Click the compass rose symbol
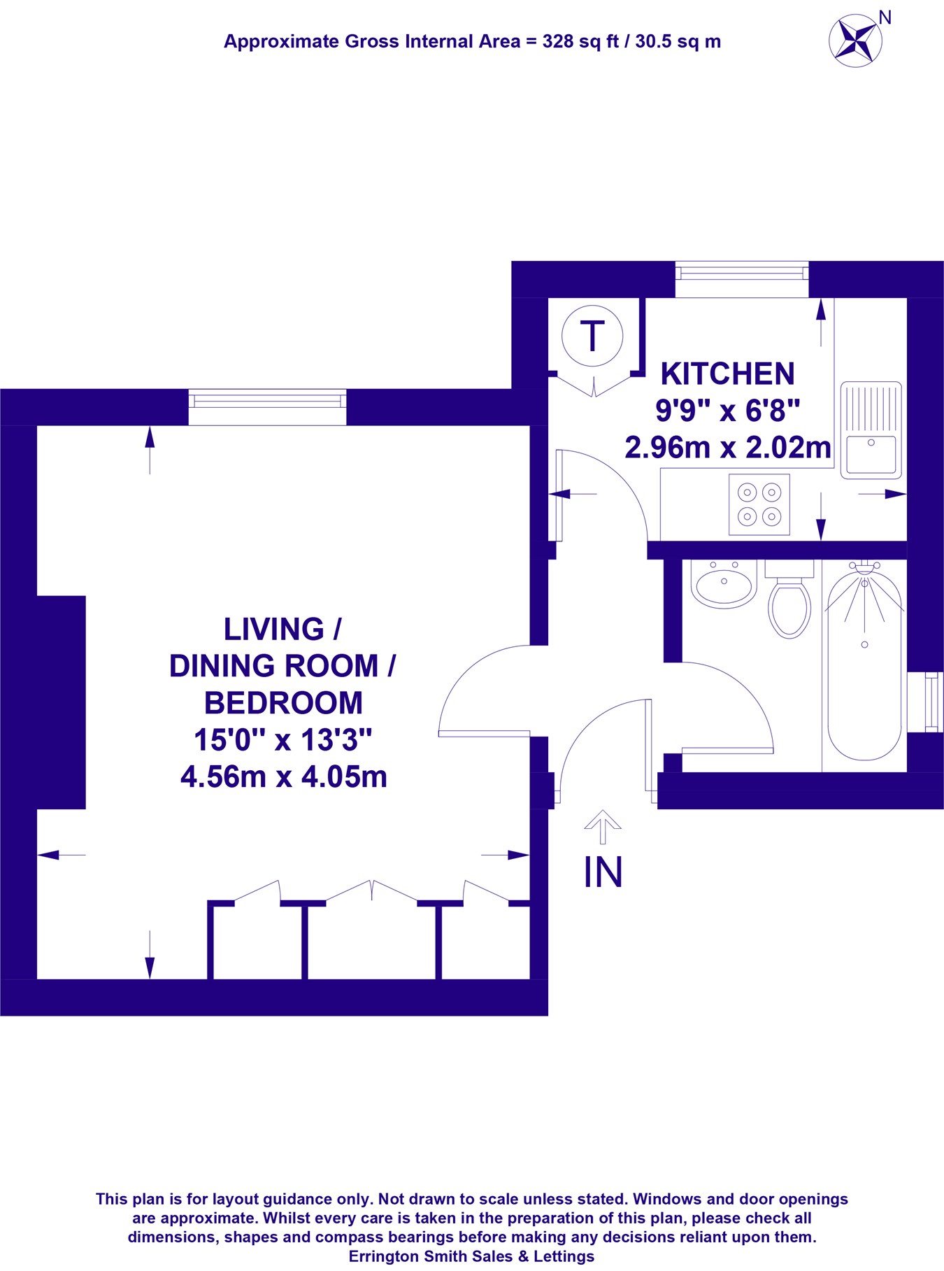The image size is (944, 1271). pyautogui.click(x=855, y=41)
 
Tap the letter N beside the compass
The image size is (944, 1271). pyautogui.click(x=885, y=17)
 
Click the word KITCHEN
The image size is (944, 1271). pyautogui.click(x=727, y=374)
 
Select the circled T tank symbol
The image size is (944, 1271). pyautogui.click(x=592, y=336)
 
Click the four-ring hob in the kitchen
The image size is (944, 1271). pyautogui.click(x=759, y=504)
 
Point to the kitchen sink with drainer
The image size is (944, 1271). pyautogui.click(x=871, y=430)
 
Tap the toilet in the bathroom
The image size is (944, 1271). pyautogui.click(x=789, y=602)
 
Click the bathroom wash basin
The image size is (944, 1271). pyautogui.click(x=724, y=583)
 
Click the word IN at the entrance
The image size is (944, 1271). pyautogui.click(x=603, y=872)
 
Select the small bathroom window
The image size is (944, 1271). pyautogui.click(x=931, y=702)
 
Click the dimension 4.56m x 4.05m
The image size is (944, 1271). pyautogui.click(x=283, y=777)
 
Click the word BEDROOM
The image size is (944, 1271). pyautogui.click(x=283, y=703)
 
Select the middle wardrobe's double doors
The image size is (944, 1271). pyautogui.click(x=371, y=891)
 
